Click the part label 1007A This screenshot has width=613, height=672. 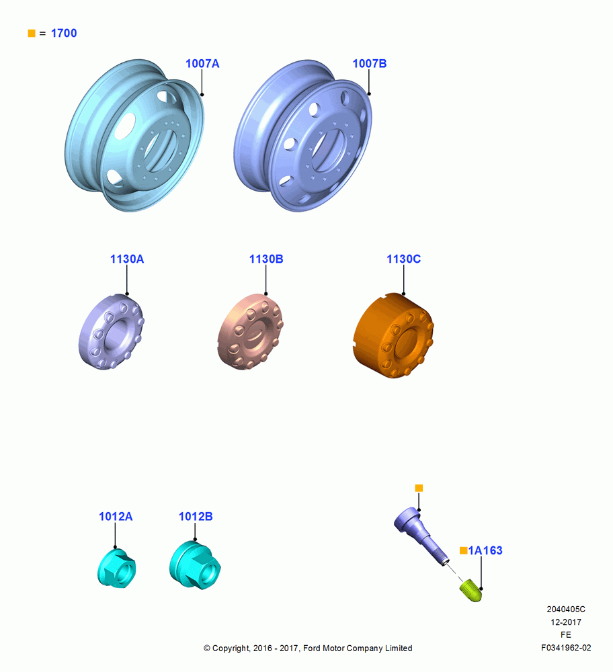tap(202, 63)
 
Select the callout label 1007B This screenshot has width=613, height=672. tap(370, 63)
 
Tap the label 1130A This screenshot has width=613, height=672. tap(127, 259)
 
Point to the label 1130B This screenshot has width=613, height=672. tap(266, 259)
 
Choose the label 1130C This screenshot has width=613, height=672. tap(404, 259)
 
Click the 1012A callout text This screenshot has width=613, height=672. tap(116, 516)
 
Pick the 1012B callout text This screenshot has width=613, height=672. tap(196, 516)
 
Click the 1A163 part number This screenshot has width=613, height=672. tap(485, 550)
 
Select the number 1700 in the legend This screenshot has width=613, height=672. tap(64, 33)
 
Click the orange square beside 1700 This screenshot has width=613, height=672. tap(32, 33)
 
